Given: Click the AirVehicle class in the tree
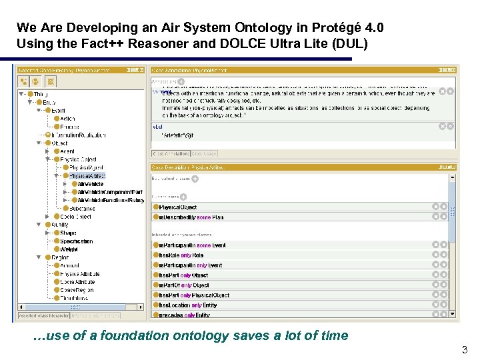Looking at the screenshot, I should pos(91,183).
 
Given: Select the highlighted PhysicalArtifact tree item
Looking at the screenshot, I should pos(87,175).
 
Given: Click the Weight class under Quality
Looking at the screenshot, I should pos(69,249).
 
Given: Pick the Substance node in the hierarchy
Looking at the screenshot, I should pos(82,208).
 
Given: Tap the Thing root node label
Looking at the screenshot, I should pos(40,94).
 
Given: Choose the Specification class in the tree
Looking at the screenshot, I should pos(76,241).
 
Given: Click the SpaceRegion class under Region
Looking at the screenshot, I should pos(77,290).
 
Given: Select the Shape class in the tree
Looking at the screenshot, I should pos(68,233).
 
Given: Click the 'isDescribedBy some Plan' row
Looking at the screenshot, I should pos(191,216).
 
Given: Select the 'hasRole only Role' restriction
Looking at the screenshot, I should pos(181,255).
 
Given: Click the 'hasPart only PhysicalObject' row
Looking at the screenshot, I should pos(193,295).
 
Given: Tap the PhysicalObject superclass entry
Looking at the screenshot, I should pos(178,207).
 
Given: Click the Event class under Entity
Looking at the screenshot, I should pos(58,111).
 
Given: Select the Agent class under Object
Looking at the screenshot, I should pos(67,151).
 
